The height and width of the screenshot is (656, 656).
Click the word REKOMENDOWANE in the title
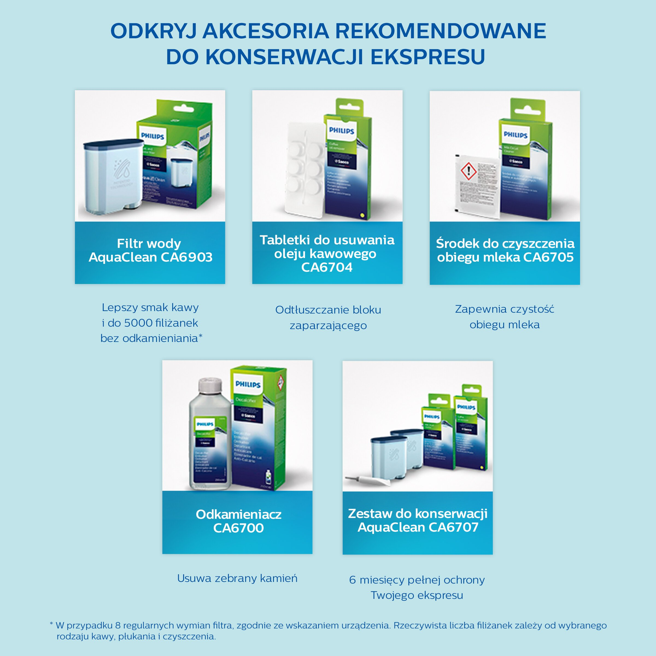(440, 31)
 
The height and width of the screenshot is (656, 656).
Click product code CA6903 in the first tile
(186, 257)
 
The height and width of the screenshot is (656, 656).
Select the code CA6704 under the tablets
(327, 268)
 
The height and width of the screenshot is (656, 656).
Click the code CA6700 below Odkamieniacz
(238, 528)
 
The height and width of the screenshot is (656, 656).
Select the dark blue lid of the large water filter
(109, 145)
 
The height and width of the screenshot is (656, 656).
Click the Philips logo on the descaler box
(248, 384)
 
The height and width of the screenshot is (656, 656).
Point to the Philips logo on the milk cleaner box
(516, 135)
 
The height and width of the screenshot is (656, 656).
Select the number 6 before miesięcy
(352, 580)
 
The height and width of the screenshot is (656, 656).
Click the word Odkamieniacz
(238, 514)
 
